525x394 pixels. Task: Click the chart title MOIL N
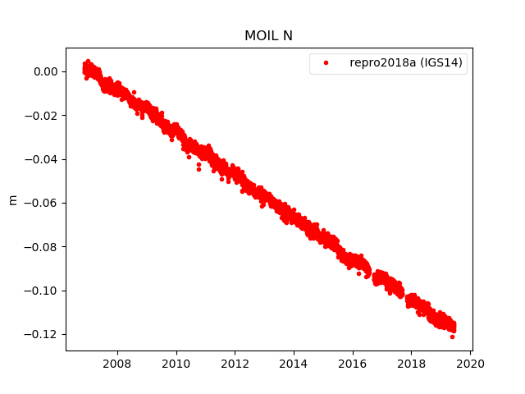pyautogui.click(x=269, y=36)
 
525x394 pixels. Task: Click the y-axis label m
pyautogui.click(x=12, y=199)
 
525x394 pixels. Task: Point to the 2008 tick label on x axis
pyautogui.click(x=117, y=363)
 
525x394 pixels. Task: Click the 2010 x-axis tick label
pyautogui.click(x=176, y=363)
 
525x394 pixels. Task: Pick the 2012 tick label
pyautogui.click(x=235, y=363)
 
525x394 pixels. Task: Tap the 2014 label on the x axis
pyautogui.click(x=294, y=363)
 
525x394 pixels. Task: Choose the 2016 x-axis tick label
pyautogui.click(x=353, y=363)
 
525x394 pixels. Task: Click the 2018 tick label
pyautogui.click(x=412, y=363)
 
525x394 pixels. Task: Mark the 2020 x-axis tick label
pyautogui.click(x=470, y=363)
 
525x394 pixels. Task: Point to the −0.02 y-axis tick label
pyautogui.click(x=43, y=116)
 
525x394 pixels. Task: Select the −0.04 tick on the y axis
pyautogui.click(x=43, y=159)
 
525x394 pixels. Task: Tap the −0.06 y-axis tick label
pyautogui.click(x=43, y=203)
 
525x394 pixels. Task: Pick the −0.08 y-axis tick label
pyautogui.click(x=43, y=247)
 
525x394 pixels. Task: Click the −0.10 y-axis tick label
pyautogui.click(x=43, y=291)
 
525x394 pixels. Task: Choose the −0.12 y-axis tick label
pyautogui.click(x=43, y=334)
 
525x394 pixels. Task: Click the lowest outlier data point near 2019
pyautogui.click(x=452, y=337)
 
